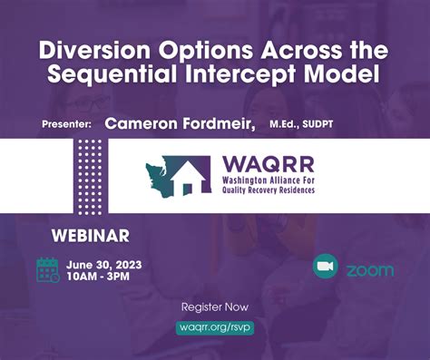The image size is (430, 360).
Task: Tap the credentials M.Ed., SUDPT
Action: [308, 123]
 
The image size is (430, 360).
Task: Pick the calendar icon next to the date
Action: [48, 269]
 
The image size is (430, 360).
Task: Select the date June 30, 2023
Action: [103, 264]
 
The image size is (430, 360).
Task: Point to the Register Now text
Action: [215, 307]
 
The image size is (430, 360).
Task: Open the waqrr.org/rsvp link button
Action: [215, 327]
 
